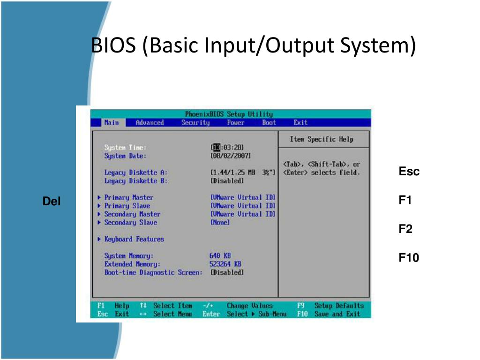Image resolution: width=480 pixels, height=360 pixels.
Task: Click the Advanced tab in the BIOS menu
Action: click(x=150, y=123)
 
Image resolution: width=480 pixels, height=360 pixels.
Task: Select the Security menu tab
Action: click(x=195, y=123)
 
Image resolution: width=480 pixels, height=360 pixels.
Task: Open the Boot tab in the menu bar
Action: click(x=269, y=123)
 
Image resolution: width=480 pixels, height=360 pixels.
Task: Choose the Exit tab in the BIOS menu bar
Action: click(x=300, y=123)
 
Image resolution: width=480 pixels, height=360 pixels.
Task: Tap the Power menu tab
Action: click(x=235, y=123)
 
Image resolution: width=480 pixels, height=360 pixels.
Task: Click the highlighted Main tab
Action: click(x=112, y=123)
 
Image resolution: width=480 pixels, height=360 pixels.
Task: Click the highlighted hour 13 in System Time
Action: click(x=217, y=148)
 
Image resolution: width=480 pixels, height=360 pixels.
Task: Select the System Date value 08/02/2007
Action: click(x=231, y=156)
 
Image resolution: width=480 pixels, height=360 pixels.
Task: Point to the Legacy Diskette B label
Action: click(x=136, y=181)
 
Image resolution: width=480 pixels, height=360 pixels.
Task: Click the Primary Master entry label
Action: click(x=129, y=197)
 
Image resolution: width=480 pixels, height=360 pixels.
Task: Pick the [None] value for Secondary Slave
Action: click(x=220, y=223)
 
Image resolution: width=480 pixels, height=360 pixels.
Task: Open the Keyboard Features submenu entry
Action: click(x=134, y=239)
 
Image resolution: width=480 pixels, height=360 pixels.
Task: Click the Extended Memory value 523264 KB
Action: click(x=225, y=264)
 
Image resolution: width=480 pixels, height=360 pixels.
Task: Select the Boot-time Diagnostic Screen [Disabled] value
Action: click(x=227, y=272)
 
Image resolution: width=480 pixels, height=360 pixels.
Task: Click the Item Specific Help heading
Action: click(x=322, y=139)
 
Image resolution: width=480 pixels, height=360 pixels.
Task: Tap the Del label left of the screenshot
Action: click(x=52, y=201)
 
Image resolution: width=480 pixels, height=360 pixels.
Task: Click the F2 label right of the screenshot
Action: click(x=405, y=229)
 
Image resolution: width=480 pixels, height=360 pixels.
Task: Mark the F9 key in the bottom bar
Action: click(x=300, y=306)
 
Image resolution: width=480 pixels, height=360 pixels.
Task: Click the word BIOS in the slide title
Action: click(x=113, y=45)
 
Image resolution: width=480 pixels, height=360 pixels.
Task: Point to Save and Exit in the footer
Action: click(x=337, y=314)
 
